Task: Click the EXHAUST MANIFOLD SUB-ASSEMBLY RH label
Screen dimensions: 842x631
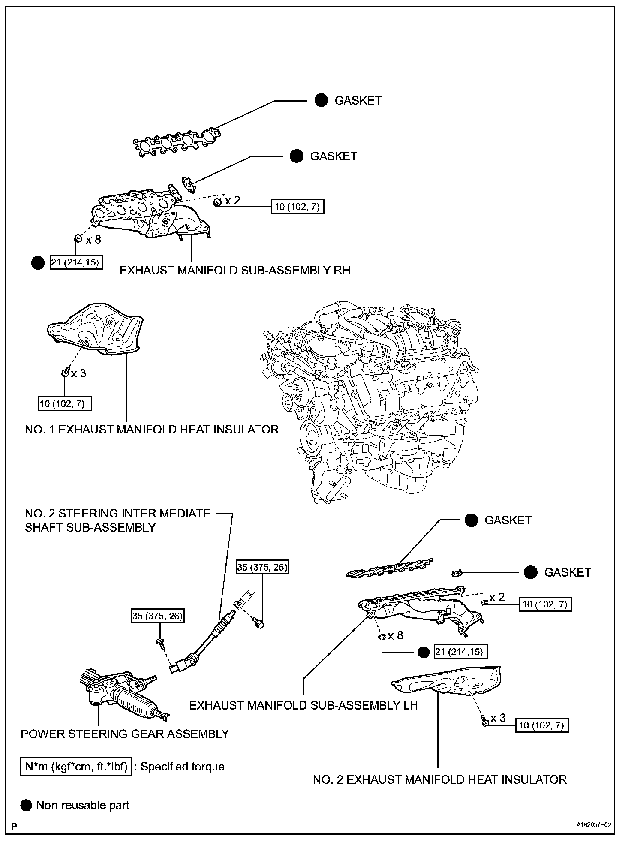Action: (234, 270)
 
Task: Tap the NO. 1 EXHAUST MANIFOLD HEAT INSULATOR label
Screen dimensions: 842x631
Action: (152, 429)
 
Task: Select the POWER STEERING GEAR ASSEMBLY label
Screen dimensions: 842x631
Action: (125, 734)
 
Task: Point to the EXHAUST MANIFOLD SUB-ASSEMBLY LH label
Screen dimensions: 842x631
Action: (303, 705)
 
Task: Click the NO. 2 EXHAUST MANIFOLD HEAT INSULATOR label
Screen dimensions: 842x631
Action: (440, 779)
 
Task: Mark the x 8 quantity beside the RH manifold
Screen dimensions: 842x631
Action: (93, 239)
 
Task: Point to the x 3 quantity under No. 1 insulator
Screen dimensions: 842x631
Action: (78, 373)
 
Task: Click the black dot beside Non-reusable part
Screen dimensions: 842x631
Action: (26, 805)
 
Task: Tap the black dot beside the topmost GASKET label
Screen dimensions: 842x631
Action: (321, 100)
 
